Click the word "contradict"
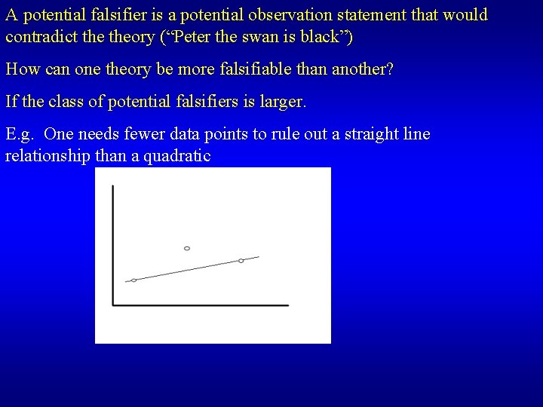tap(38, 36)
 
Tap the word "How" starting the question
tap(22, 69)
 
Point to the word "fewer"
tap(140, 134)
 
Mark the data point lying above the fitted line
tap(187, 248)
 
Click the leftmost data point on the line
tap(134, 280)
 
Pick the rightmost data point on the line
tap(241, 261)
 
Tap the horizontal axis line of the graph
tap(201, 305)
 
